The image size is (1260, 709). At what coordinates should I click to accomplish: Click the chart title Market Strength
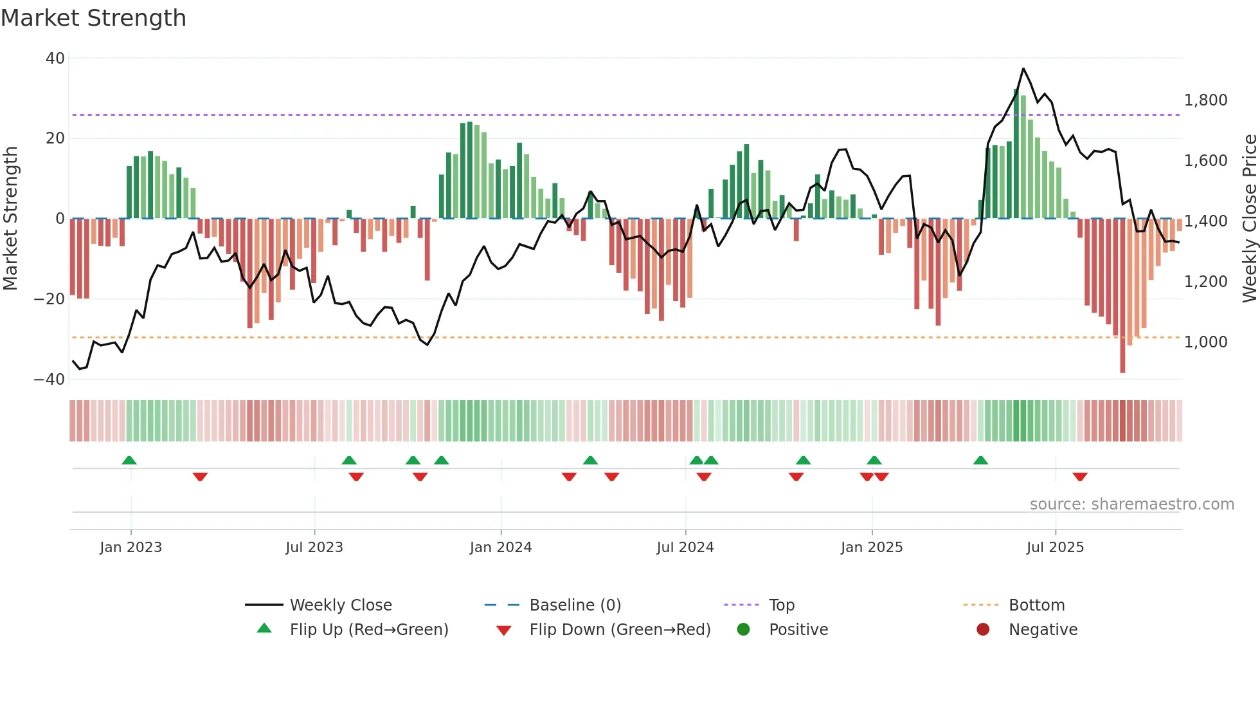[93, 18]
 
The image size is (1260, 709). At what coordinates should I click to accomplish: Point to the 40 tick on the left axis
[55, 59]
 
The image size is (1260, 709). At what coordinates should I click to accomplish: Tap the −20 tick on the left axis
[50, 299]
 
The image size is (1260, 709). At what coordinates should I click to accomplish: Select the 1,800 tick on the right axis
[1205, 100]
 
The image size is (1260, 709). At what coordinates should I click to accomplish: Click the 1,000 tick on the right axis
[1205, 342]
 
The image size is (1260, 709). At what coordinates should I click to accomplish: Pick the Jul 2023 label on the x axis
[314, 548]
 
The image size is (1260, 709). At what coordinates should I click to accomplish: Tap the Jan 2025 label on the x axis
[872, 548]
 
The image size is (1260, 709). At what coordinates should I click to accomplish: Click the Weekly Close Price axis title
[1249, 219]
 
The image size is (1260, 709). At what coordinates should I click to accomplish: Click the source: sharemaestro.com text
[1131, 504]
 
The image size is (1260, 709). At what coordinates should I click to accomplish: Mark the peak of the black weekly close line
[1023, 69]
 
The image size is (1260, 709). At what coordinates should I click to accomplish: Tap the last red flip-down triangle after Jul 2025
[1080, 477]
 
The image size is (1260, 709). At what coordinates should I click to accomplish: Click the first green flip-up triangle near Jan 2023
[129, 460]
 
